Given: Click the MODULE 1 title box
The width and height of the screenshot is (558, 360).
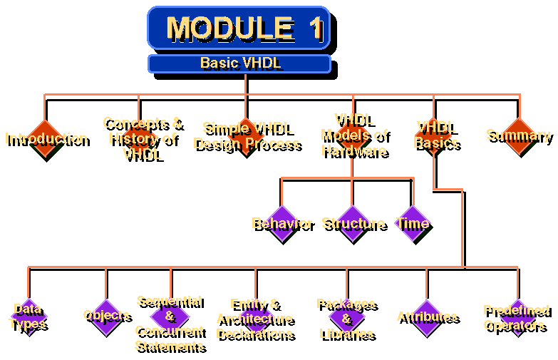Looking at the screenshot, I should click(238, 28).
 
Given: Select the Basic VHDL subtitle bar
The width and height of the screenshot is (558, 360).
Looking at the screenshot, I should click(239, 63).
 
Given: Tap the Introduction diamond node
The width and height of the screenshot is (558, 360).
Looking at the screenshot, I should click(46, 138).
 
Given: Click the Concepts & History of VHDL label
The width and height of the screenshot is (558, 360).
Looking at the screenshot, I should click(142, 138).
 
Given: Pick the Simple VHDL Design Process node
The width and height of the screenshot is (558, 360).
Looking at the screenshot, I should click(246, 135).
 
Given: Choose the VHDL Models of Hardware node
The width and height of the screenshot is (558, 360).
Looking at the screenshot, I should click(353, 135).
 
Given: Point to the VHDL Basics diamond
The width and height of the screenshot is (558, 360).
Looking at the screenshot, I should click(435, 135).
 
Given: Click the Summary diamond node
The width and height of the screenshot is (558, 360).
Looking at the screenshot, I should click(518, 135).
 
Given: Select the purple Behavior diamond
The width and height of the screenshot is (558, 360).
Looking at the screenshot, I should click(281, 223).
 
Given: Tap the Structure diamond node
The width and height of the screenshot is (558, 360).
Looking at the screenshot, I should click(353, 223).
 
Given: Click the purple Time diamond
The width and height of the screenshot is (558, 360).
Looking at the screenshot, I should click(413, 223).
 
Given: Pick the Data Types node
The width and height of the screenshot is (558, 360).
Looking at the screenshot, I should click(29, 317).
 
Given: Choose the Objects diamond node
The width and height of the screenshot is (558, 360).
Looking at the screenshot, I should click(106, 316).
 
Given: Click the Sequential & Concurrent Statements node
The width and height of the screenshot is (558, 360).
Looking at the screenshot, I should click(170, 323).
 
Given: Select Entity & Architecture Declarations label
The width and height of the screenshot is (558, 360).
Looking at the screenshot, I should click(254, 319).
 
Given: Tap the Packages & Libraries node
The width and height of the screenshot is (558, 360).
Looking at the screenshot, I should click(347, 319).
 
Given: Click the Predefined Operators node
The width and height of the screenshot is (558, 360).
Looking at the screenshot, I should click(516, 318).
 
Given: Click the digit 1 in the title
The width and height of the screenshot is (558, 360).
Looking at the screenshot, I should click(315, 29).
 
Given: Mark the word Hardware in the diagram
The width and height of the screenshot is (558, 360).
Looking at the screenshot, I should click(353, 150).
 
